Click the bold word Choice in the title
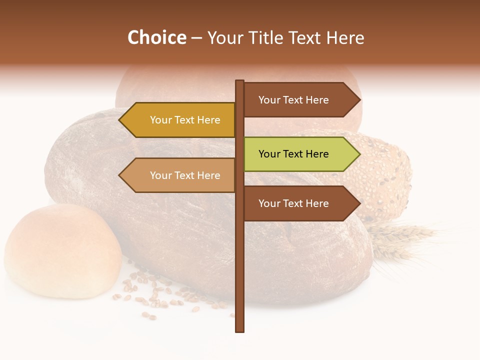click(156, 38)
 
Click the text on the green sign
click(293, 154)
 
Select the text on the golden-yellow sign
click(185, 120)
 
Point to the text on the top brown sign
click(293, 100)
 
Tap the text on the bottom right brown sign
click(293, 203)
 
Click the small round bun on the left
click(62, 250)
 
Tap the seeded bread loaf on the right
click(385, 175)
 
